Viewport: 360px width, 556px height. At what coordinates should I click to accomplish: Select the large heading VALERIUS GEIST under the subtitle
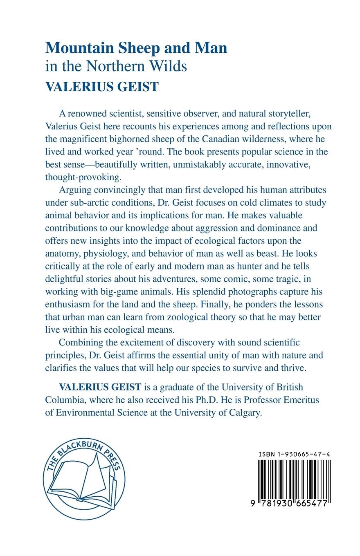(x=101, y=87)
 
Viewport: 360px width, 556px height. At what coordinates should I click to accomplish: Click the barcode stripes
(x=294, y=481)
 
